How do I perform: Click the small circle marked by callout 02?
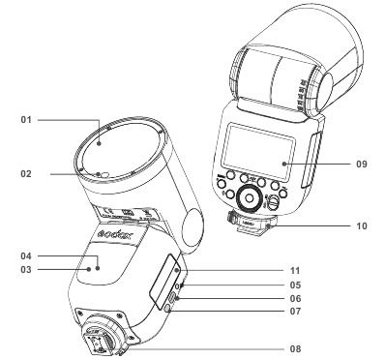coord(102,175)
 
